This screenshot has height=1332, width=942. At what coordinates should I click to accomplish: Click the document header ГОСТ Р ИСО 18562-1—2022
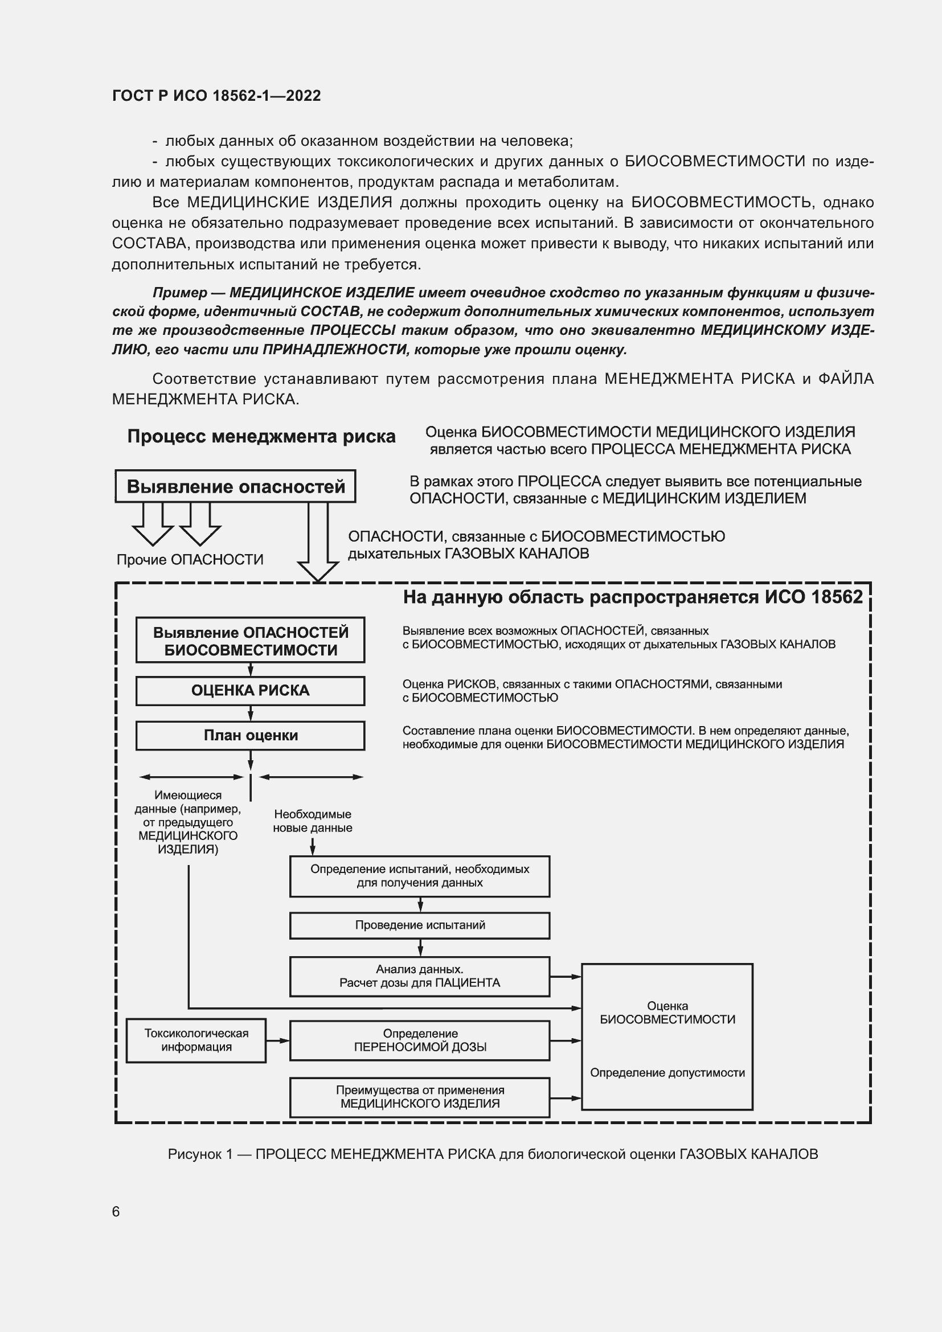[x=216, y=96]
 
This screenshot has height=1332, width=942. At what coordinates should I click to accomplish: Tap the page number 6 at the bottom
[x=116, y=1211]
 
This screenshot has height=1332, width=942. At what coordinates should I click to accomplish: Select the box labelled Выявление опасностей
[x=236, y=486]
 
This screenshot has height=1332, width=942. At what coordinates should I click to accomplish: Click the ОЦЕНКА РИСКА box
[x=250, y=690]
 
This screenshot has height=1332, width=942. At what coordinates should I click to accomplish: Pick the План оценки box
[x=250, y=735]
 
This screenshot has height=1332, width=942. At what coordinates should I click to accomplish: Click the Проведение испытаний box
[x=419, y=925]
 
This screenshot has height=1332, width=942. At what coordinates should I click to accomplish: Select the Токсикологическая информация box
[x=196, y=1040]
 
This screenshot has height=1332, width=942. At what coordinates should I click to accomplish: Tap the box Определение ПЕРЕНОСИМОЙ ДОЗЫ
[x=419, y=1040]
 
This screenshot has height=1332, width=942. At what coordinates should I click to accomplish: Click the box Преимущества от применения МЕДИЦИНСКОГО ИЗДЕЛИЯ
[x=419, y=1097]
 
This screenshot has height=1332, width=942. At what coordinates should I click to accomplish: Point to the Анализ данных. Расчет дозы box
[x=419, y=977]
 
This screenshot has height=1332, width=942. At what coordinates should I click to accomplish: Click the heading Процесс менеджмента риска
[x=261, y=436]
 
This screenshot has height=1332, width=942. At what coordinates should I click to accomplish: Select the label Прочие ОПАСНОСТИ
[x=190, y=559]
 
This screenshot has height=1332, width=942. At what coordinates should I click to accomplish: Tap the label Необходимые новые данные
[x=312, y=821]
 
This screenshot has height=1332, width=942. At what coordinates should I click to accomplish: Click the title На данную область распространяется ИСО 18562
[x=633, y=597]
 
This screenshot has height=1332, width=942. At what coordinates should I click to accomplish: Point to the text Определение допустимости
[x=667, y=1073]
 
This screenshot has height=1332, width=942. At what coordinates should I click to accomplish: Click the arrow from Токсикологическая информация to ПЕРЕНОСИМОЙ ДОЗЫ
[x=277, y=1041]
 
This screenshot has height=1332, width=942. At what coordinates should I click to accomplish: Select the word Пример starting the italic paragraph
[x=179, y=292]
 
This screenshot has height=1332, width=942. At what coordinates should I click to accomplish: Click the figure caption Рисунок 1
[x=493, y=1154]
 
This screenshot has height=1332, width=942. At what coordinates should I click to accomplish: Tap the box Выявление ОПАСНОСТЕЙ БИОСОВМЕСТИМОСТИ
[x=250, y=641]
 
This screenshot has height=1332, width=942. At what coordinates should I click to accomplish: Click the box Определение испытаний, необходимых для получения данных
[x=419, y=876]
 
